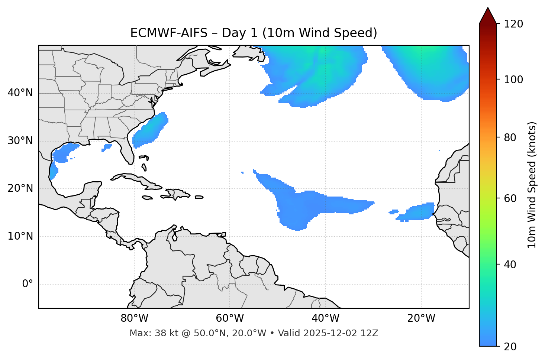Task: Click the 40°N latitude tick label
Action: point(20,93)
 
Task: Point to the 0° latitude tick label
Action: point(28,284)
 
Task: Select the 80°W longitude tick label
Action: point(134,318)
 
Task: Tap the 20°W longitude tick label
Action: point(421,318)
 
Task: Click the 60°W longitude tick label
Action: point(230,318)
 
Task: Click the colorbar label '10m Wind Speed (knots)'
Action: point(532,185)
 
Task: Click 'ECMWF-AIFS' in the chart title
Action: point(169,33)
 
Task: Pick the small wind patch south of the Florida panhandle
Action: point(107,148)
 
